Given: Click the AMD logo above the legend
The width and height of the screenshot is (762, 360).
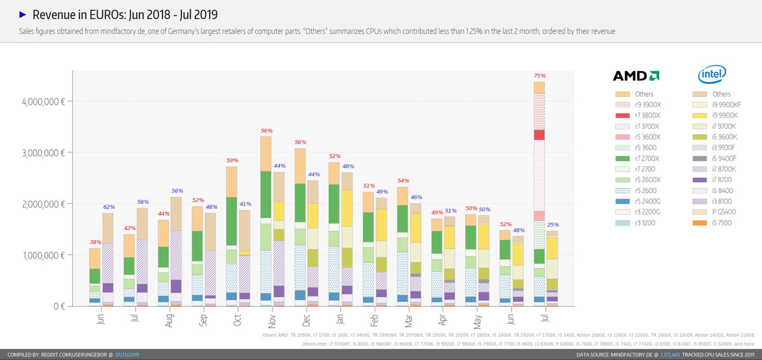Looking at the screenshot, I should coord(635,76).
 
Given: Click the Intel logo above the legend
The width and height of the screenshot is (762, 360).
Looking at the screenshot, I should coord(712,75).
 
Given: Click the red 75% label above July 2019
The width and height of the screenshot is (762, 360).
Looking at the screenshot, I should coord(539,76).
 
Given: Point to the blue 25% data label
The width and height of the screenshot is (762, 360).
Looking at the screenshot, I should coord(553,225).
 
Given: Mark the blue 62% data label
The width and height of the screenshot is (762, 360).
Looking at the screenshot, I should coord(109,207).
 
